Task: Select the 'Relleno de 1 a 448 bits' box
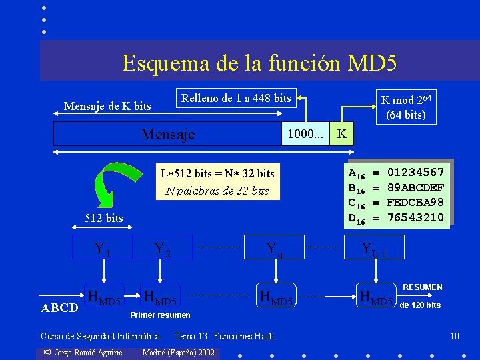tap(236, 99)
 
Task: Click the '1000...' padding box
tap(306, 134)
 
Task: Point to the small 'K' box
tap(341, 134)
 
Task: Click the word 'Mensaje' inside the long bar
tap(168, 134)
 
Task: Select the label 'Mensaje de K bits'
tap(107, 106)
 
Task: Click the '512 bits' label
tap(104, 218)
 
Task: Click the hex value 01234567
tap(415, 173)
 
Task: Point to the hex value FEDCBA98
tap(415, 203)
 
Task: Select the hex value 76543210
tap(415, 217)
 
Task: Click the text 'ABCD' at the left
tap(60, 308)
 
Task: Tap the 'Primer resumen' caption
tap(160, 315)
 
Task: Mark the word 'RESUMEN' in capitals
tap(423, 287)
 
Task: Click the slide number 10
tap(455, 335)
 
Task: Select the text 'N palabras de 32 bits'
tap(217, 191)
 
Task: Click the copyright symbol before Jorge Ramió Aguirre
tap(47, 352)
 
